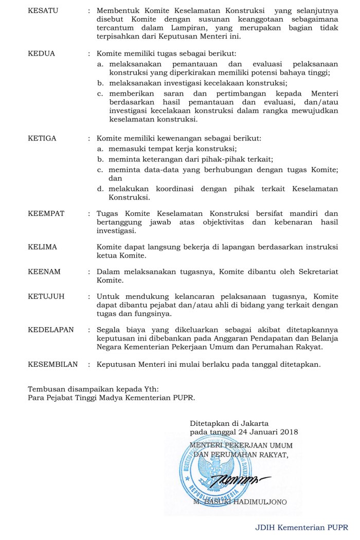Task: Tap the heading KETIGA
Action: point(42,138)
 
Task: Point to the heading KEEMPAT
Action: point(46,213)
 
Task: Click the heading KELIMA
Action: point(42,247)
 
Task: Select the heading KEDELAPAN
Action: point(50,330)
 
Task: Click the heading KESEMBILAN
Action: point(52,364)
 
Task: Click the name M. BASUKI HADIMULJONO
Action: point(240,501)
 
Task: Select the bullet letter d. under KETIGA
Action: point(100,189)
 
